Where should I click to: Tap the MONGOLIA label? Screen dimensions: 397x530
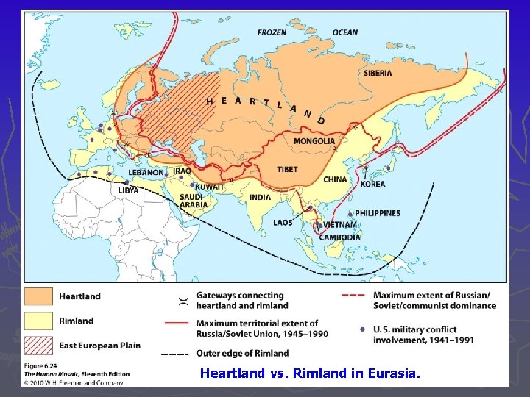[314, 141]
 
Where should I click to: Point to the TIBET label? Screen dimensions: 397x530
[287, 169]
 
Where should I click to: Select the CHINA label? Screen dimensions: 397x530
[335, 179]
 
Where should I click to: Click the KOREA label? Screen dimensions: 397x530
[372, 184]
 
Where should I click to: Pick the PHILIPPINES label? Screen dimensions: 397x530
[378, 213]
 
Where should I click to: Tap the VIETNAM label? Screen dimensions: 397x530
[339, 225]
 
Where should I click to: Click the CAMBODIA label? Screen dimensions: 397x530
[339, 237]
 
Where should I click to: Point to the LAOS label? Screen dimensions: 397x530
[282, 222]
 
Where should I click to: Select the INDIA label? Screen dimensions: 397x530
[260, 197]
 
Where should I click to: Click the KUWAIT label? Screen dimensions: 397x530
[210, 187]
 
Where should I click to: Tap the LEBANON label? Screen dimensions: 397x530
[146, 172]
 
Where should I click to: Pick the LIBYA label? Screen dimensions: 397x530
[128, 190]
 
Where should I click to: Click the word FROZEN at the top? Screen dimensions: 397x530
[272, 32]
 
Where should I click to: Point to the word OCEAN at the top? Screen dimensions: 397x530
[344, 32]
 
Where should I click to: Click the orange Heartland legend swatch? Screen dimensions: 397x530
[39, 296]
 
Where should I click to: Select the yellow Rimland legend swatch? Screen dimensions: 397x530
[39, 321]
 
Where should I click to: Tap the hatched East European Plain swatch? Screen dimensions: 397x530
[39, 345]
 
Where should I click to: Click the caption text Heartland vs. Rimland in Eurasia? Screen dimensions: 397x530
[310, 373]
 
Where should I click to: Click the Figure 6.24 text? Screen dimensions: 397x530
[42, 365]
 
